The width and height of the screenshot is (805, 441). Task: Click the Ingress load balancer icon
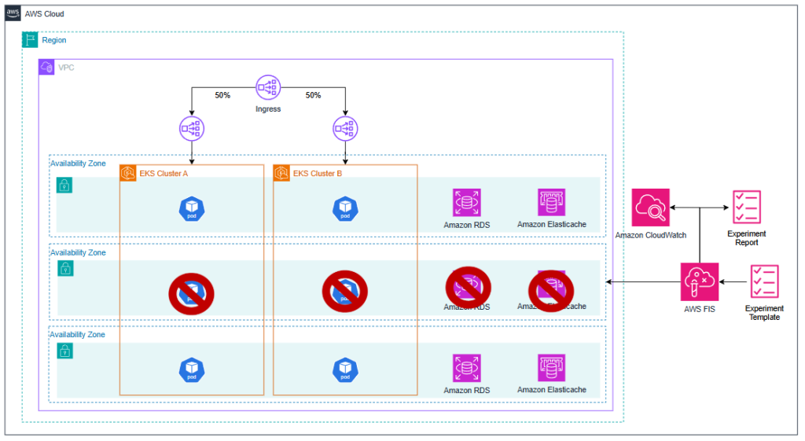268,89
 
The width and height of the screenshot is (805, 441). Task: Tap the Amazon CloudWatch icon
650,208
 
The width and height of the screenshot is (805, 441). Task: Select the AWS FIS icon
700,281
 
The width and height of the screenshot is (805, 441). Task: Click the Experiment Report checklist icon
745,208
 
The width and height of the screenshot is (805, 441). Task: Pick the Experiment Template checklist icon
764,281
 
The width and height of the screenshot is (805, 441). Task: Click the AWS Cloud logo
13,14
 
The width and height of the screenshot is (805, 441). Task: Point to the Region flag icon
31,39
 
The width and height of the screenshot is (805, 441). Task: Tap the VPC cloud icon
47,68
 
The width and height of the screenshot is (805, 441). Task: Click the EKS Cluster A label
163,173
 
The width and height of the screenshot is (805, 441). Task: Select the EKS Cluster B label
317,173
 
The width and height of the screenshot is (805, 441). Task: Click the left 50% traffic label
222,95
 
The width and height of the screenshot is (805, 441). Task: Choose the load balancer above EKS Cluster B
345,127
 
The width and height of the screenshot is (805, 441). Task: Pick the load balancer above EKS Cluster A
191,127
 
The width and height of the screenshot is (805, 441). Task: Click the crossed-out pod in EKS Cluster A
191,292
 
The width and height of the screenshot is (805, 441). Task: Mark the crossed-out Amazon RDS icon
468,285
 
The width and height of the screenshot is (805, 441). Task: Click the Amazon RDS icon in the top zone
467,202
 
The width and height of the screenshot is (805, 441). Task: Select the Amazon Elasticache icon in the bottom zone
551,368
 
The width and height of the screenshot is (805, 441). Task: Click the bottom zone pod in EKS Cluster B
345,369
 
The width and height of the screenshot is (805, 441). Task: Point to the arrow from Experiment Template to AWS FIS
733,281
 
